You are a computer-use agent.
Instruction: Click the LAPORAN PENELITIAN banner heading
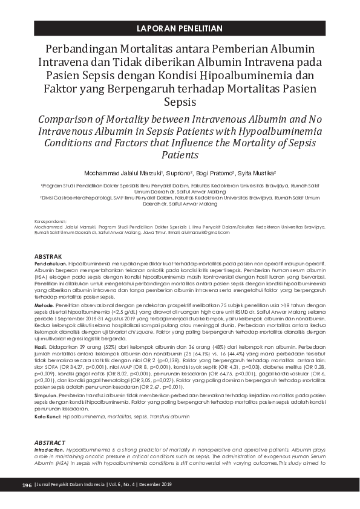[180, 28]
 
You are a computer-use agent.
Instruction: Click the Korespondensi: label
[51, 221]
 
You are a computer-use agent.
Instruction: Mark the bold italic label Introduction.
[51, 450]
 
